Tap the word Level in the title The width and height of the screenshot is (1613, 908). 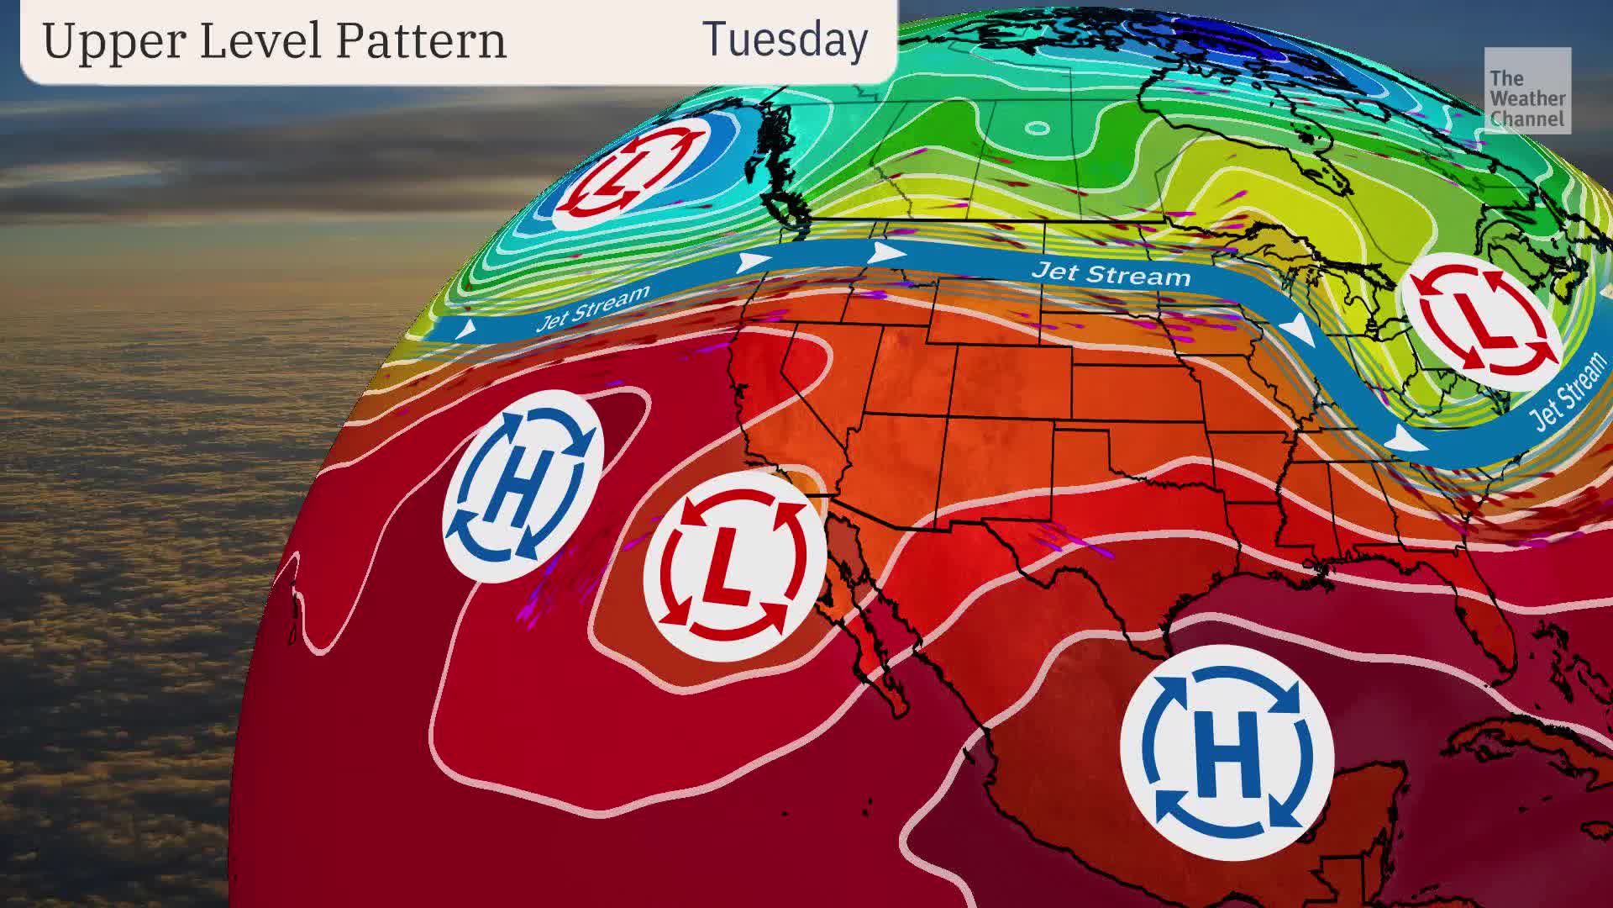(255, 40)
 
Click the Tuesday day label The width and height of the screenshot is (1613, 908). (785, 40)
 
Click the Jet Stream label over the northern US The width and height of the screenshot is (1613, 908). (1111, 274)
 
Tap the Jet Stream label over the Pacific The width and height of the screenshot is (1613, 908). (593, 308)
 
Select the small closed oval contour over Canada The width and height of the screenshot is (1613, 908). (1038, 129)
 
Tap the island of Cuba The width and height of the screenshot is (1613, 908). (1512, 744)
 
